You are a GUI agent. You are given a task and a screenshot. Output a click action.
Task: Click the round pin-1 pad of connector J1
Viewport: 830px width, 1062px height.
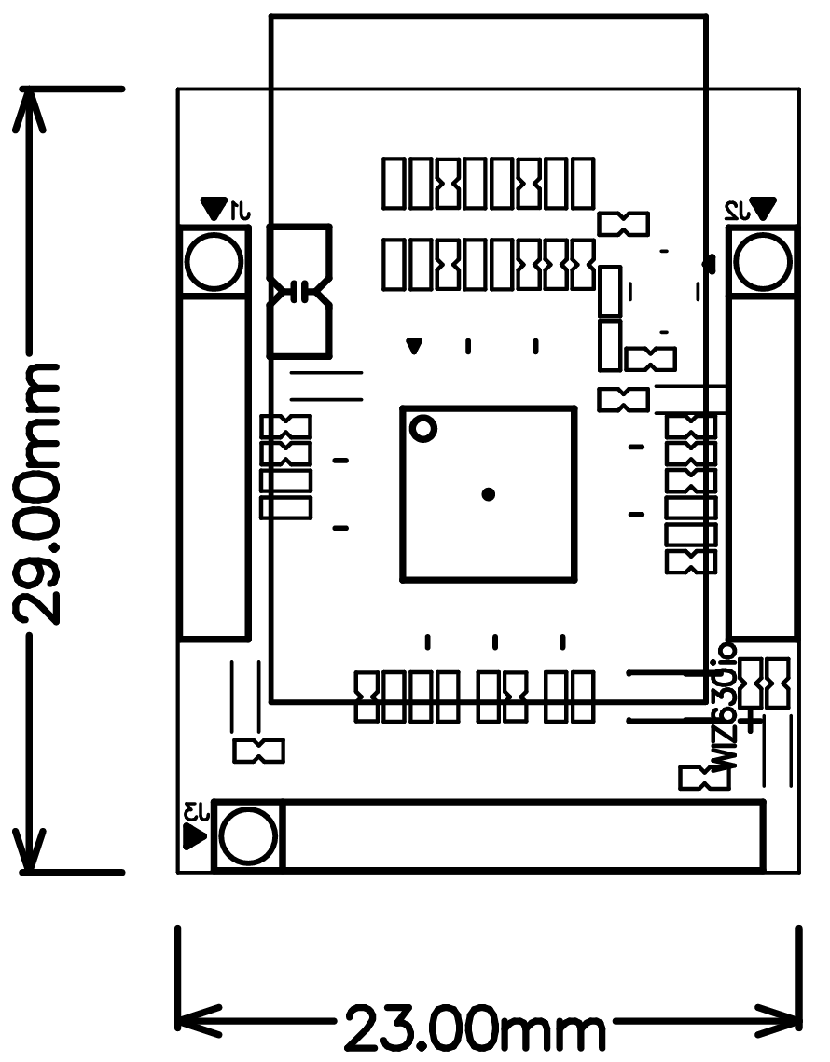click(214, 262)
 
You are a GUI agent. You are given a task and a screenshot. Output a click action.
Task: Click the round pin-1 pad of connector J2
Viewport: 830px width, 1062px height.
click(764, 262)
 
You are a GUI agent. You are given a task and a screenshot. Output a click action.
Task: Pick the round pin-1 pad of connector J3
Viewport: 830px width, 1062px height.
click(249, 835)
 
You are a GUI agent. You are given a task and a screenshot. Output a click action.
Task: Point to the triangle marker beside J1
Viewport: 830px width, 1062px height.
click(215, 206)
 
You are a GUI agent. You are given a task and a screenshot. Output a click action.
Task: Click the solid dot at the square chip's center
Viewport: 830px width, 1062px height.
click(488, 494)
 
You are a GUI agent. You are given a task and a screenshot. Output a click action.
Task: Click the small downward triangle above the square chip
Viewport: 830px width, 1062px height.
click(415, 347)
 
